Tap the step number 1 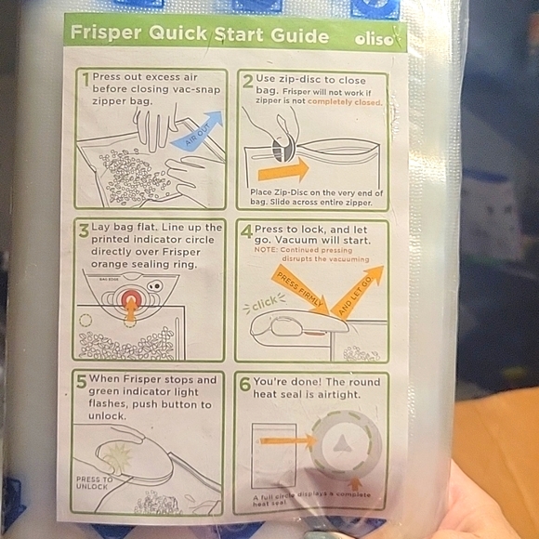pyautogui.click(x=85, y=80)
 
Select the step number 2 pyautogui.click(x=247, y=81)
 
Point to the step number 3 pyautogui.click(x=84, y=230)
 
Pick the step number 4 pyautogui.click(x=246, y=230)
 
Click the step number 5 pyautogui.click(x=82, y=381)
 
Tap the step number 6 pyautogui.click(x=245, y=382)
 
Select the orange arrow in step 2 pyautogui.click(x=283, y=170)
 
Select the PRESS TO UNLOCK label pyautogui.click(x=95, y=482)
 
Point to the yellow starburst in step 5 pyautogui.click(x=121, y=456)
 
